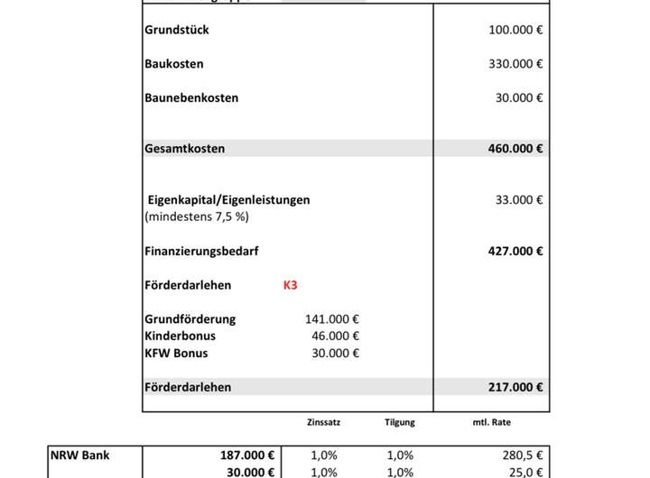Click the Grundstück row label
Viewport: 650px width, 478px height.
pos(177,30)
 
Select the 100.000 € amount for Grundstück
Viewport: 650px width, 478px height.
pos(515,30)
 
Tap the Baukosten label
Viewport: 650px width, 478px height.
pos(174,64)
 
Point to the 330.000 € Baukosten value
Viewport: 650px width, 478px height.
pos(515,64)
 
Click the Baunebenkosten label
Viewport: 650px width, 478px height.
pos(191,97)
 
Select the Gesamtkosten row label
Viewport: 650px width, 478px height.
pos(185,148)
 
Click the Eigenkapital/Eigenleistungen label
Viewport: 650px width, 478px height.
pos(228,200)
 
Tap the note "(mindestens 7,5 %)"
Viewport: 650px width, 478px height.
pos(196,217)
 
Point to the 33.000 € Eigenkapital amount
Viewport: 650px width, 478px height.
pos(519,200)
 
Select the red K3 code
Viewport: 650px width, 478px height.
pos(291,285)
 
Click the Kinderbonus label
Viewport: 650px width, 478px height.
pos(180,336)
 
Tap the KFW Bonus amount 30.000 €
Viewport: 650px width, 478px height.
pos(336,353)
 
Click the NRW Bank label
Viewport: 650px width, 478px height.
pos(80,455)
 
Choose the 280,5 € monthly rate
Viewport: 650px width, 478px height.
pos(522,455)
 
